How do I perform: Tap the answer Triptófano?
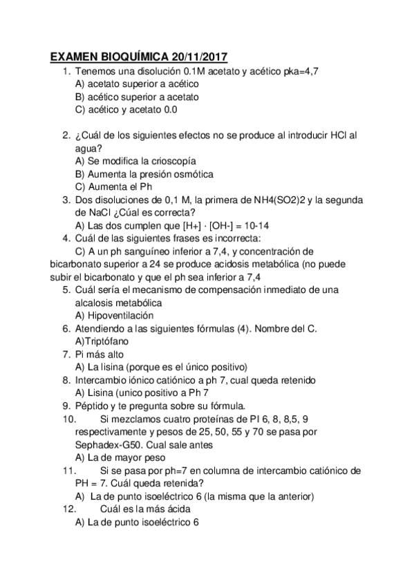point(106,341)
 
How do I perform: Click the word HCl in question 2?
point(334,135)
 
